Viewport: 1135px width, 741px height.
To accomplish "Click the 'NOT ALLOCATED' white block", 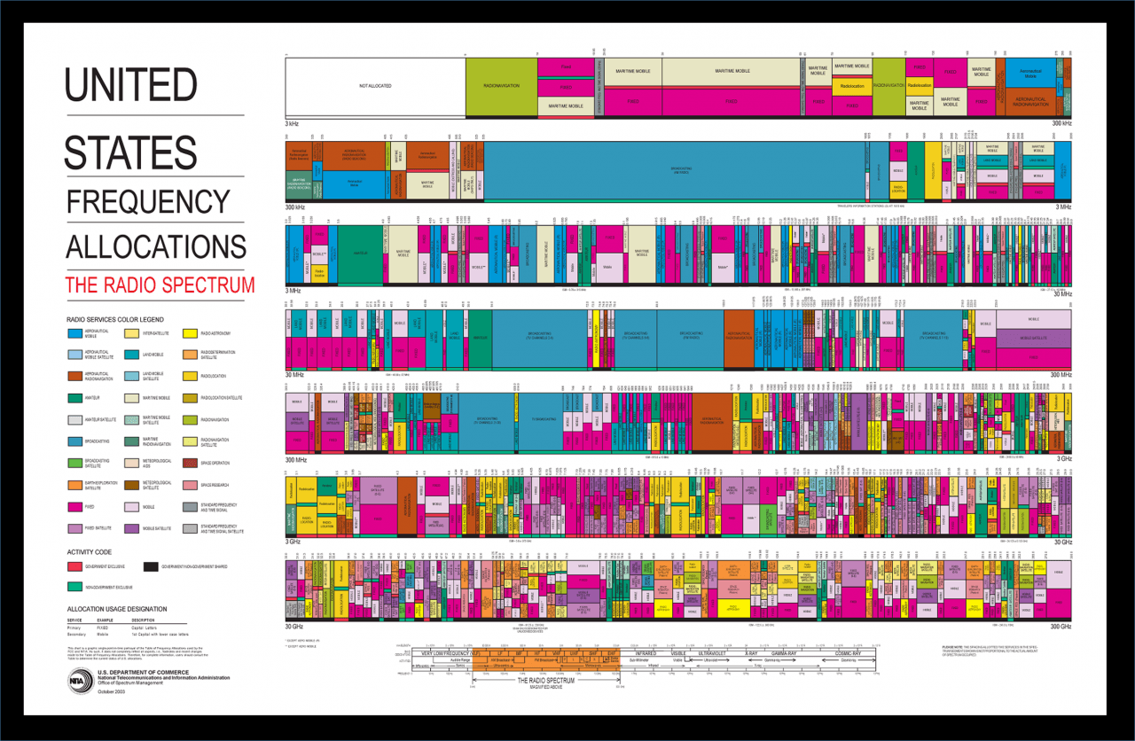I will pyautogui.click(x=374, y=86).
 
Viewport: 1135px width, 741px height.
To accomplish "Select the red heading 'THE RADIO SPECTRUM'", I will pyautogui.click(x=160, y=285).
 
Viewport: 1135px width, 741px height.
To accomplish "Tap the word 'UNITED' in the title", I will pyautogui.click(x=130, y=85).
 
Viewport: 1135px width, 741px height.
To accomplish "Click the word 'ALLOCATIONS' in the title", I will pyautogui.click(x=156, y=246).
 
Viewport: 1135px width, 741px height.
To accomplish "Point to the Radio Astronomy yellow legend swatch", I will pyautogui.click(x=190, y=334).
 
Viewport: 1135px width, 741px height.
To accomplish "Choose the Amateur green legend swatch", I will pyautogui.click(x=77, y=398).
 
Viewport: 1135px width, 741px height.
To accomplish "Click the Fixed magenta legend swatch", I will pyautogui.click(x=77, y=507).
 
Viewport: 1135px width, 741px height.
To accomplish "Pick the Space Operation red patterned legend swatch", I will pyautogui.click(x=190, y=463).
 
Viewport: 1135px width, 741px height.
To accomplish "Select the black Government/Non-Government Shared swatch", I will pyautogui.click(x=151, y=565).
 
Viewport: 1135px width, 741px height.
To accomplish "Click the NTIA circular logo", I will pyautogui.click(x=80, y=681).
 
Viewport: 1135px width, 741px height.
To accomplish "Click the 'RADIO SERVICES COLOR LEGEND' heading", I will pyautogui.click(x=114, y=319).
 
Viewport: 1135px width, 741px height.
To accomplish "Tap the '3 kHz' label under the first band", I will pyautogui.click(x=293, y=122).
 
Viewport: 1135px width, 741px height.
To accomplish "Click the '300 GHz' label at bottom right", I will pyautogui.click(x=1061, y=626).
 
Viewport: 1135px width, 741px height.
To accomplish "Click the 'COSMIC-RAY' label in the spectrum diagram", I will pyautogui.click(x=849, y=652).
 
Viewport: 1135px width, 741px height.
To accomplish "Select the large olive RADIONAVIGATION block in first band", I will pyautogui.click(x=501, y=86).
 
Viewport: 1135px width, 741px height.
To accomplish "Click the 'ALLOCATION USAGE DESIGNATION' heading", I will pyautogui.click(x=116, y=609).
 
